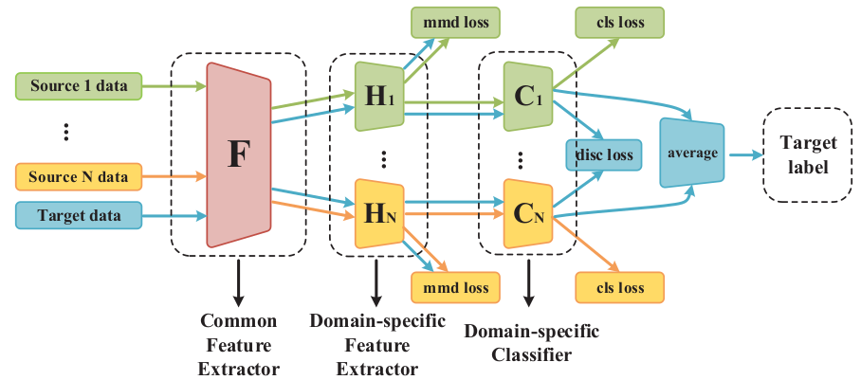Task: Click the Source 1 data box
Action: point(78,87)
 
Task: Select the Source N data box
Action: point(78,176)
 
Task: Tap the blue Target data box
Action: point(78,216)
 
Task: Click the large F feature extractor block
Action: point(237,154)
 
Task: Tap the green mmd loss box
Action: point(456,20)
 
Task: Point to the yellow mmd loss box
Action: point(456,287)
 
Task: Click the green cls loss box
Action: point(619,20)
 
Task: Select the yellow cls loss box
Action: point(619,287)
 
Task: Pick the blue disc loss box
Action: point(603,154)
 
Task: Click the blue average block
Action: point(691,154)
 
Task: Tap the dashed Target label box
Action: point(808,154)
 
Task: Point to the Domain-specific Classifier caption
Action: point(530,343)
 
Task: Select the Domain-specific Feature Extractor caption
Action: point(377,343)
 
